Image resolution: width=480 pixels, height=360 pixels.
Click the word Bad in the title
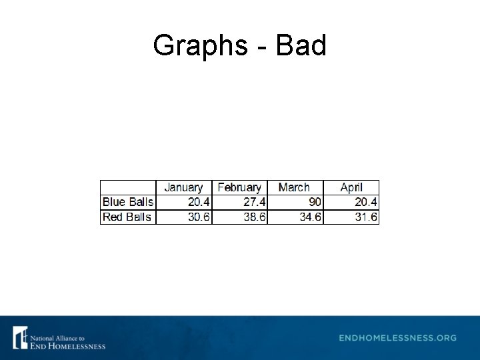point(301,45)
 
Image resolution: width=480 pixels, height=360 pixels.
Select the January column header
point(183,187)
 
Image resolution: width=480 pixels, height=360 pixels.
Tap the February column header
point(239,187)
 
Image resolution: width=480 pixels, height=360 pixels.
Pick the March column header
point(294,187)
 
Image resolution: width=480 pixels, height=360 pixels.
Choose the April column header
point(351,187)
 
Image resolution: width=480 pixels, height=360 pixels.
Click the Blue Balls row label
point(128,202)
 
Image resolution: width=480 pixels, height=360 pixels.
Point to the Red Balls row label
point(127,217)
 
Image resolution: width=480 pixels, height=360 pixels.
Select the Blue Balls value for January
point(198,202)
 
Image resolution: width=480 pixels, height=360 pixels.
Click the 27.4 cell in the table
point(254,202)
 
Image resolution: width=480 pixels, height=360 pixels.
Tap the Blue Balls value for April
point(365,202)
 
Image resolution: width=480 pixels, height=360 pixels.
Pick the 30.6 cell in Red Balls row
point(198,217)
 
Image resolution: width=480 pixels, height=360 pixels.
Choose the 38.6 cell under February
point(254,217)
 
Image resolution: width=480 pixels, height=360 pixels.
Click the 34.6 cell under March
point(310,217)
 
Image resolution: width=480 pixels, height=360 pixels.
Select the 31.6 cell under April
point(365,217)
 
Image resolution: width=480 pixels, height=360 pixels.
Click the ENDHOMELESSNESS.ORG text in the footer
point(398,338)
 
